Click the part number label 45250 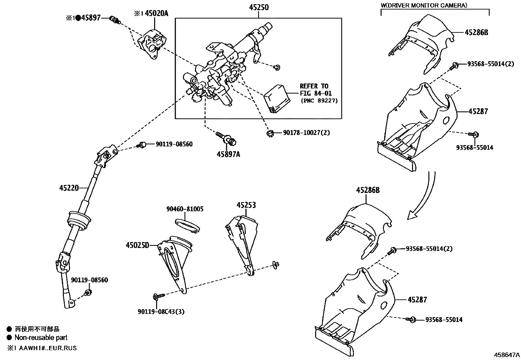(x=258, y=7)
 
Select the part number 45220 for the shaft (x=69, y=188)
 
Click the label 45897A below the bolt (x=228, y=154)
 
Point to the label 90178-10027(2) (x=306, y=133)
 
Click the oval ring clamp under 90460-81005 (x=187, y=225)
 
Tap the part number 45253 (x=246, y=205)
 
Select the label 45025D (x=137, y=245)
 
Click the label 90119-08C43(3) (x=161, y=312)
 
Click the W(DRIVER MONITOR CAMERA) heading (x=424, y=5)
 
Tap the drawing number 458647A (x=507, y=354)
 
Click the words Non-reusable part (x=41, y=337)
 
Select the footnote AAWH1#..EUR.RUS (x=46, y=348)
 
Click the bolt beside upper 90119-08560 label (x=142, y=144)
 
